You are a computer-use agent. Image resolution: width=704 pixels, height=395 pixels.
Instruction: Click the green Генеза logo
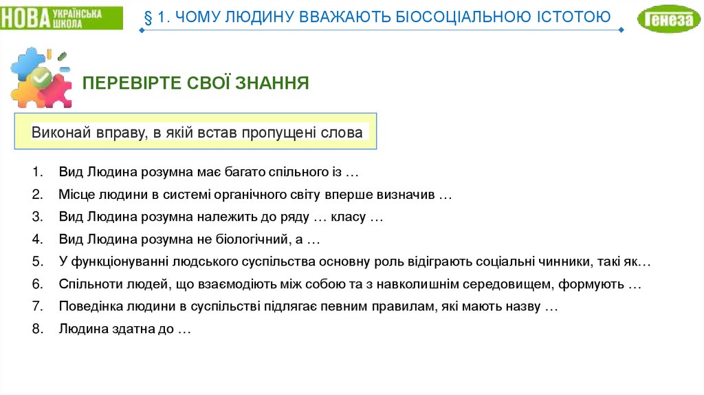[x=668, y=19]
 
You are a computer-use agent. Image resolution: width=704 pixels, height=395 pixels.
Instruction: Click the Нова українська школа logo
[x=61, y=18]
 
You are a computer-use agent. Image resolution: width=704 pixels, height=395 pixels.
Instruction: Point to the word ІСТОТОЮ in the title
[x=575, y=17]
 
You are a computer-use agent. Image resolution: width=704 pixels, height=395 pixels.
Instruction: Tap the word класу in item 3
[x=349, y=217]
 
